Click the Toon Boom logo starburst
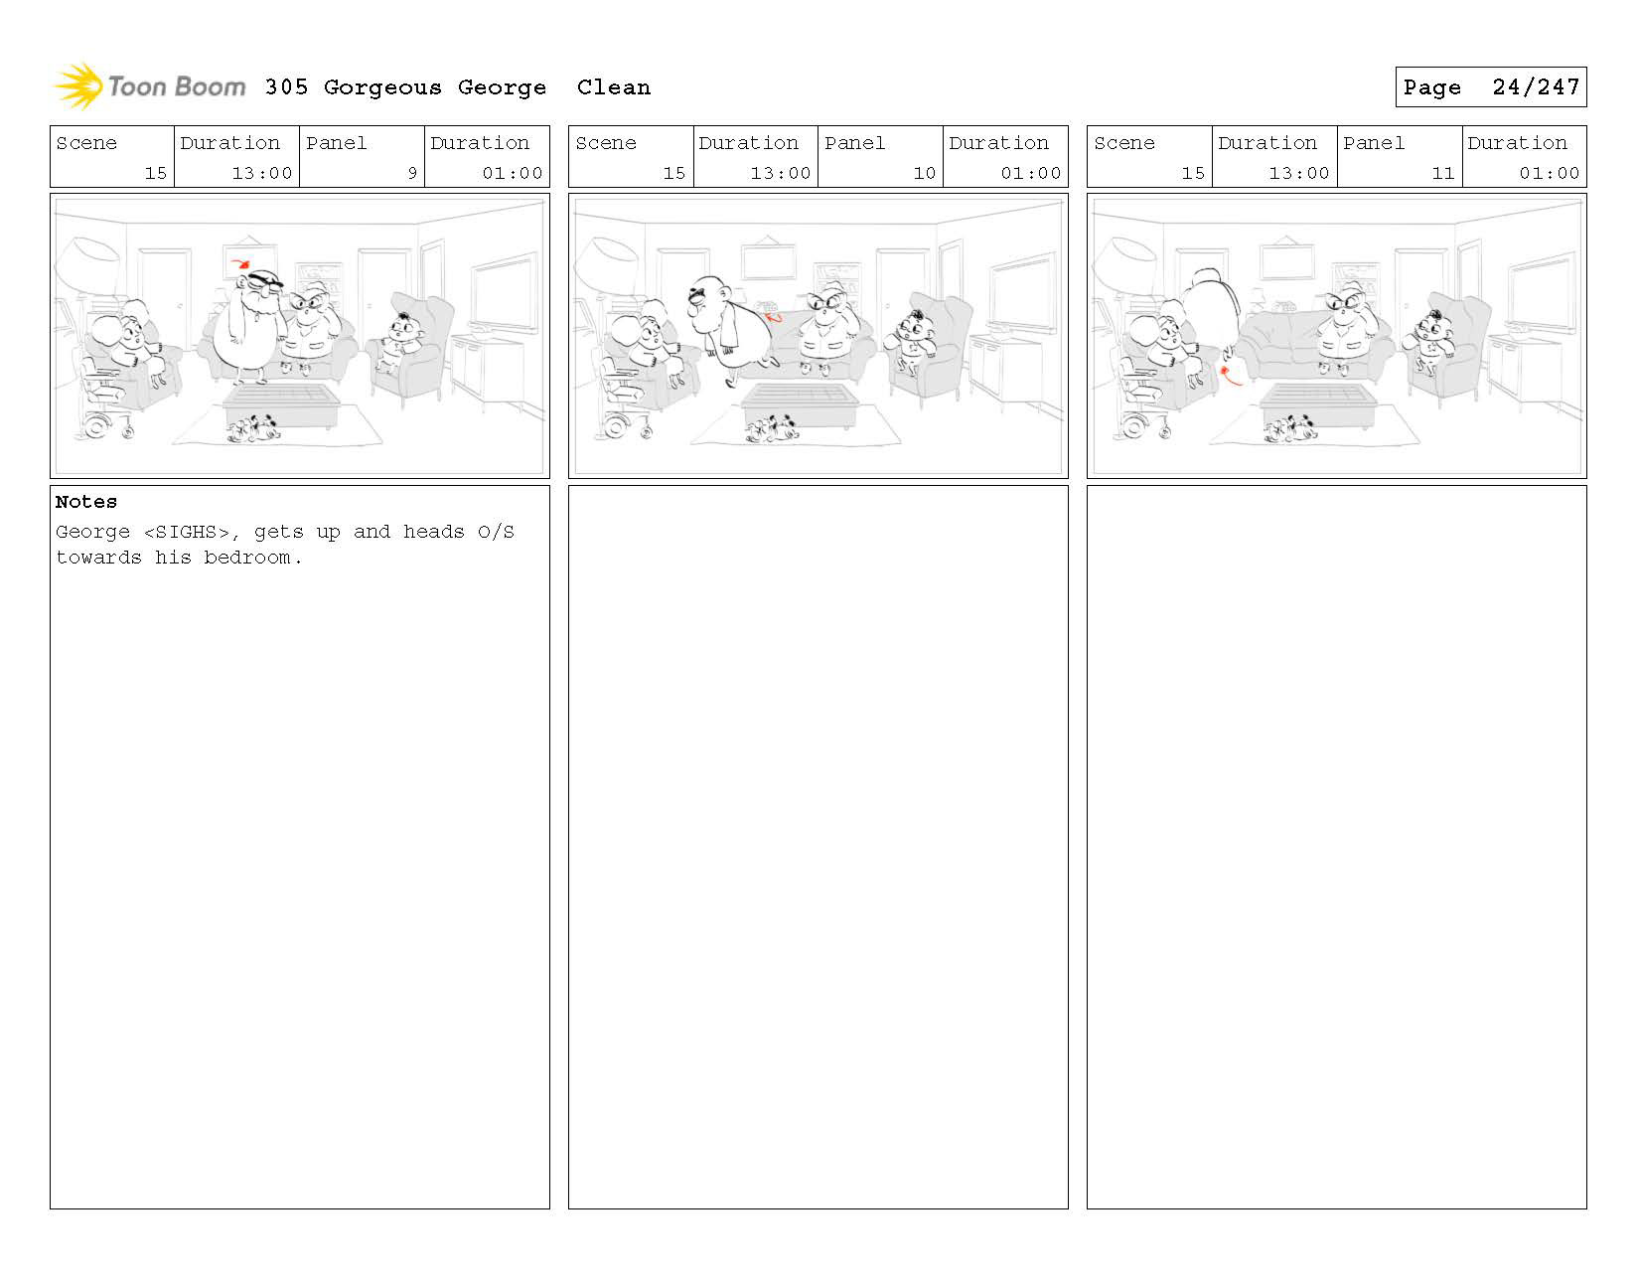78,85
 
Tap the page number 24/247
1535,87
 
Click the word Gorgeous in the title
382,88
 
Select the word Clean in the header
613,87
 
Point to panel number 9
412,173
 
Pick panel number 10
924,173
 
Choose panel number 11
1442,173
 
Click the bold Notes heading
85,502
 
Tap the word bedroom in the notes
246,558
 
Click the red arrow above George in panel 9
241,264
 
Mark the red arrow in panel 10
773,317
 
